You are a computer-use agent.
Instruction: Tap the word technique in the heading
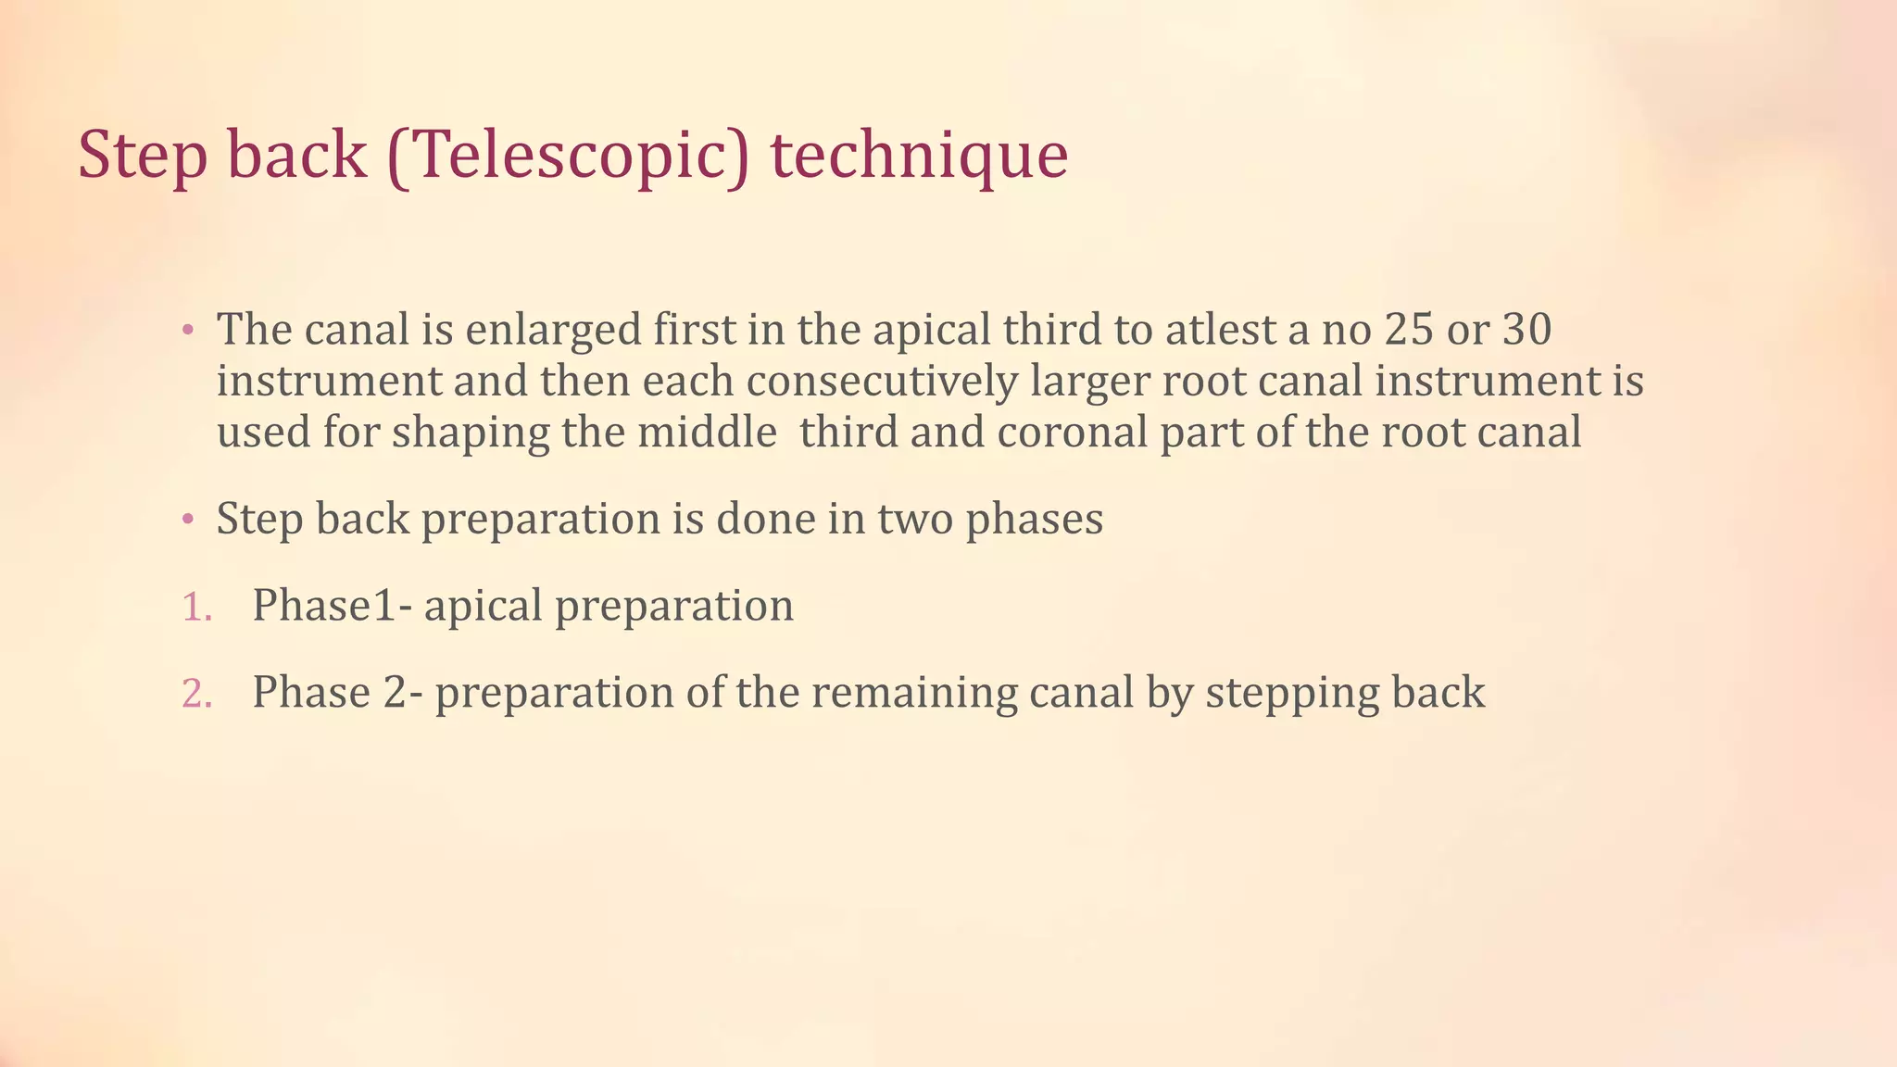[919, 156]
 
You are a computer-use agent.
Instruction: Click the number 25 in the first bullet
[1409, 330]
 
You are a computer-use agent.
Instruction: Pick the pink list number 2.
[196, 694]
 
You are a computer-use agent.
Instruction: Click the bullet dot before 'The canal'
[187, 331]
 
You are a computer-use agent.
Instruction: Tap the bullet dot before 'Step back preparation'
[187, 520]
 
